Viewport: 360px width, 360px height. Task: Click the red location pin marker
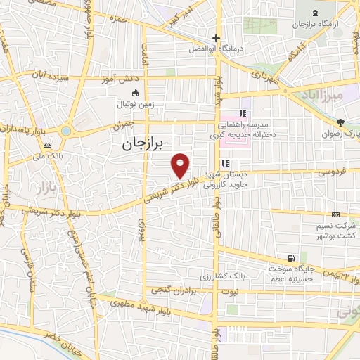tap(181, 165)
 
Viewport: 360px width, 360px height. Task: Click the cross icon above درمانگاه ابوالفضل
tap(217, 38)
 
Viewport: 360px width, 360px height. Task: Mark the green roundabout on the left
tap(65, 131)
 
